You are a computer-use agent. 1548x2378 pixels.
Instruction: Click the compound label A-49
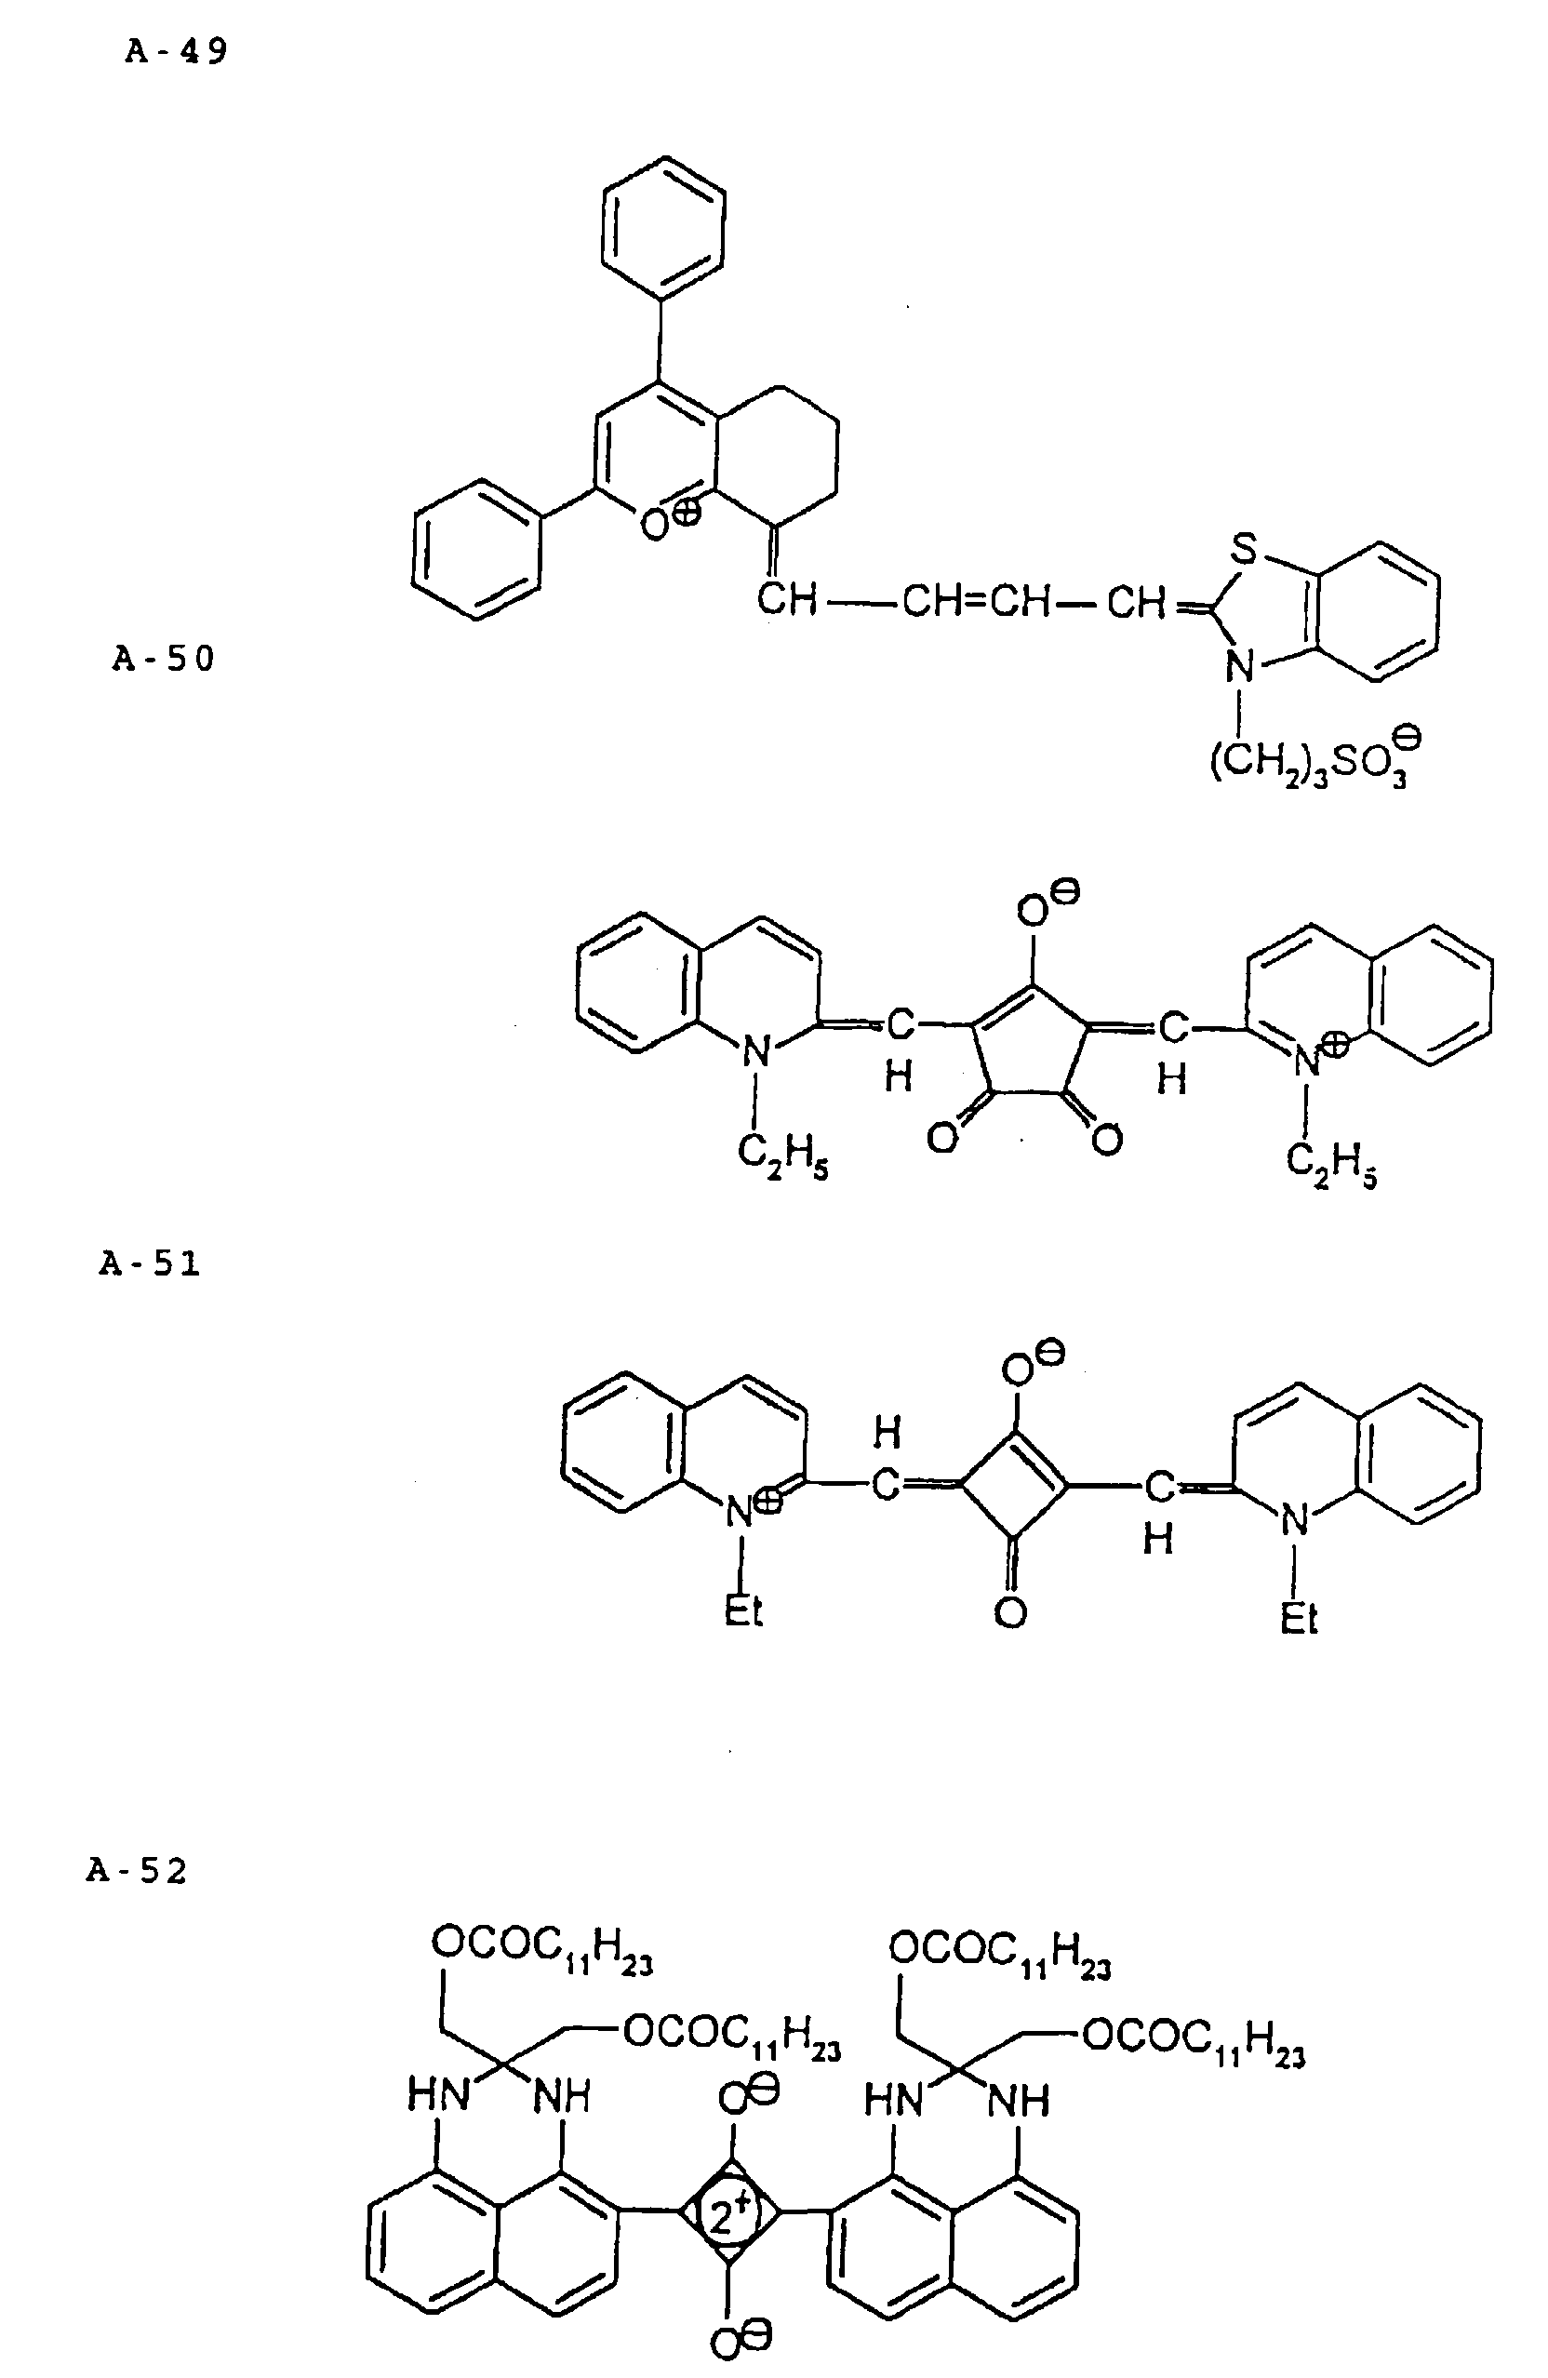coord(177,51)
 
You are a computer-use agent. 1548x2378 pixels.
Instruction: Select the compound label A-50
coord(164,659)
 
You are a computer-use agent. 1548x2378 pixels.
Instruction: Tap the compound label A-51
coord(150,1264)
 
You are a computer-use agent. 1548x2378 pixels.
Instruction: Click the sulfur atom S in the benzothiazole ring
coord(1242,549)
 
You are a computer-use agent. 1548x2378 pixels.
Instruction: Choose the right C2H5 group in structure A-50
coord(1331,1163)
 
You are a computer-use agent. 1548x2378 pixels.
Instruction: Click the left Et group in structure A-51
coord(743,1610)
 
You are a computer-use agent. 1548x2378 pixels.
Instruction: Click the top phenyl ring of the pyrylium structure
coord(663,226)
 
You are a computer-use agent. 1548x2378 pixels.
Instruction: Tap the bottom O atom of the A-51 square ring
coord(1010,1611)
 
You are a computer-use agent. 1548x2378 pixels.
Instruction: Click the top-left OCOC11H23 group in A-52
coord(541,1946)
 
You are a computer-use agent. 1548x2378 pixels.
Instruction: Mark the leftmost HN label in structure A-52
coord(439,2094)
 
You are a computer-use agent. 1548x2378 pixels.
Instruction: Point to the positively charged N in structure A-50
coord(1309,1062)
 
